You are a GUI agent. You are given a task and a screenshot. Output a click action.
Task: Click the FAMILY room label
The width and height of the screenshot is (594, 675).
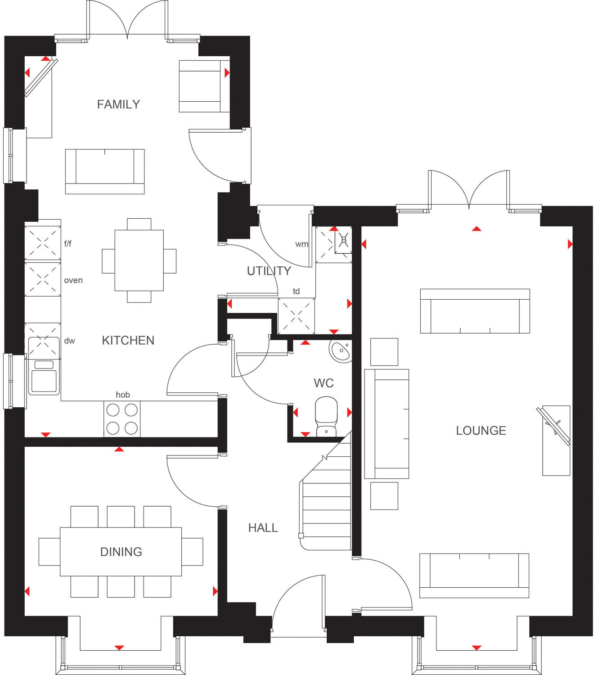pyautogui.click(x=118, y=104)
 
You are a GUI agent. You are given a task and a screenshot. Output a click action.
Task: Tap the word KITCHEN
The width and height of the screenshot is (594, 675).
pyautogui.click(x=128, y=340)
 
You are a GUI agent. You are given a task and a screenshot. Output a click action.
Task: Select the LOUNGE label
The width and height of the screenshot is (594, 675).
pyautogui.click(x=481, y=431)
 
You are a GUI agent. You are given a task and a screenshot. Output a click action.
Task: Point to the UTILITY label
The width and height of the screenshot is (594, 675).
pyautogui.click(x=269, y=271)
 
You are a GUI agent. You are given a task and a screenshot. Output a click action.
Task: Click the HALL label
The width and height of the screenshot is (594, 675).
pyautogui.click(x=263, y=527)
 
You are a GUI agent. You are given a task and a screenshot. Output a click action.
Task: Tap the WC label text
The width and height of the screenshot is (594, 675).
pyautogui.click(x=324, y=383)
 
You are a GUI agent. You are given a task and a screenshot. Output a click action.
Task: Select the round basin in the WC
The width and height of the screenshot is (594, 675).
pyautogui.click(x=341, y=351)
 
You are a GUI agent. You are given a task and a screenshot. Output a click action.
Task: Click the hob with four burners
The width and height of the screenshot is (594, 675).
pyautogui.click(x=122, y=418)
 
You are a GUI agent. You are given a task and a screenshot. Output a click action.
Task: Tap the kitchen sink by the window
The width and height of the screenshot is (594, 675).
pyautogui.click(x=44, y=377)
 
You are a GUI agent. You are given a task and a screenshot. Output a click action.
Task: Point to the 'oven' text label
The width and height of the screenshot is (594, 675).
pyautogui.click(x=73, y=280)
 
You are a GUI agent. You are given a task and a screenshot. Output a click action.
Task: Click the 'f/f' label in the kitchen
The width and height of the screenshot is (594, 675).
pyautogui.click(x=68, y=244)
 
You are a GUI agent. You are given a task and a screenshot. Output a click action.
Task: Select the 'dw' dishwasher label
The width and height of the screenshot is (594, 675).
pyautogui.click(x=69, y=341)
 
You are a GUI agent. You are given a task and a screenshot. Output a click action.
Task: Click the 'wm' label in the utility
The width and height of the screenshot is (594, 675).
pyautogui.click(x=301, y=244)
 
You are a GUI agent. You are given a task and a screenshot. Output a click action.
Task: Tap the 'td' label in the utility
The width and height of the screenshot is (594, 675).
pyautogui.click(x=296, y=291)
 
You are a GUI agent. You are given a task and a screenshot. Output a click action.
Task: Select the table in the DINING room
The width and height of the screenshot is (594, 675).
pyautogui.click(x=121, y=552)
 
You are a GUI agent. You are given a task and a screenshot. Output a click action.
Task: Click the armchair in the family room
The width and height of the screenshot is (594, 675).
pyautogui.click(x=202, y=86)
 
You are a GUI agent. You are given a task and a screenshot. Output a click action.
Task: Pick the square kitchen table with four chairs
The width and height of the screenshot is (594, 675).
pyautogui.click(x=139, y=260)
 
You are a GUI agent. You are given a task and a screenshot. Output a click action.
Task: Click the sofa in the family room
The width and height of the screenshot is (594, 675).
pyautogui.click(x=105, y=171)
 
